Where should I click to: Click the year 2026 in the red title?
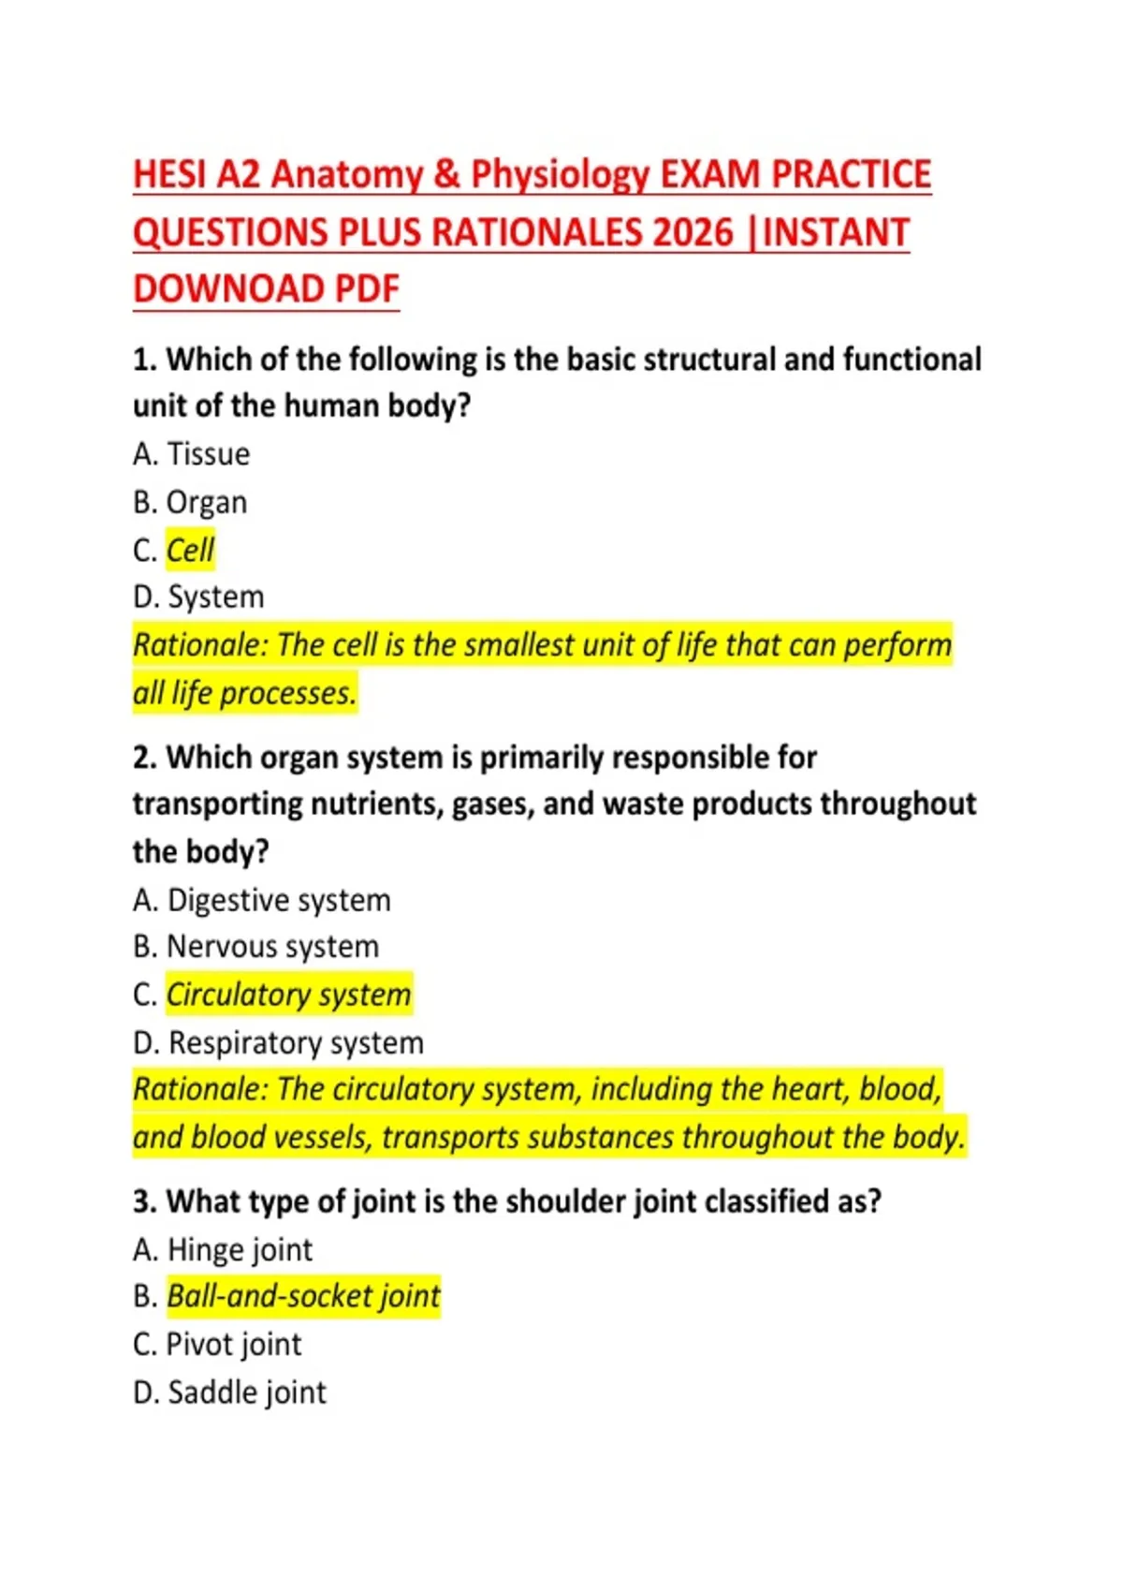tap(693, 232)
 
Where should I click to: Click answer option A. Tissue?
tap(192, 454)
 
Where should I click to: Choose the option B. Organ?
tap(190, 503)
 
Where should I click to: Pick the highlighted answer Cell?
tap(190, 550)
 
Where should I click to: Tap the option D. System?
tap(198, 597)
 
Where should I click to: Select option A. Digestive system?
tap(262, 900)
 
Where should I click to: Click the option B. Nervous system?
tap(255, 947)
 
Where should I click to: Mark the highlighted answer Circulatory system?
tap(288, 995)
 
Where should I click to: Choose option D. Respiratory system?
tap(278, 1042)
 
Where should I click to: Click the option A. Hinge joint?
tap(223, 1249)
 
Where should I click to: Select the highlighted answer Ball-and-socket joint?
tap(303, 1296)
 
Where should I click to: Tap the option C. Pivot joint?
tap(217, 1345)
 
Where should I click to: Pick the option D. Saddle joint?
tap(229, 1393)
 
